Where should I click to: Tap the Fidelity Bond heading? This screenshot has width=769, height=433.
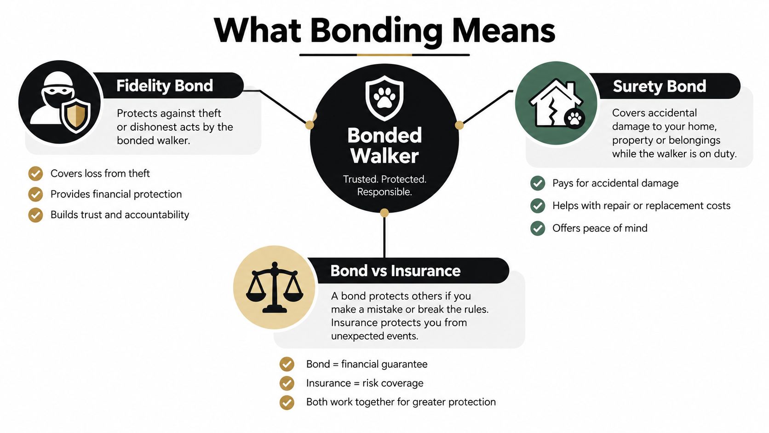[x=165, y=86]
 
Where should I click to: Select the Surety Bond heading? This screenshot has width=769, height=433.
[x=660, y=86]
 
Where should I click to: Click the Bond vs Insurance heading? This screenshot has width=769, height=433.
[x=396, y=271]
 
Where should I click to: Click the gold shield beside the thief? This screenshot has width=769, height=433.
[x=76, y=115]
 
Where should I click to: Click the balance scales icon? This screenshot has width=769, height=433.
[x=274, y=287]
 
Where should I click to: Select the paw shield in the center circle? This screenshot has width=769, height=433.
[x=384, y=98]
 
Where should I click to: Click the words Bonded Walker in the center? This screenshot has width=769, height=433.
[x=384, y=145]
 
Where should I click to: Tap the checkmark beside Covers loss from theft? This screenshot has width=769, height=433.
[x=36, y=173]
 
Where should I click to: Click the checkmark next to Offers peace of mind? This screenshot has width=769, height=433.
[x=538, y=228]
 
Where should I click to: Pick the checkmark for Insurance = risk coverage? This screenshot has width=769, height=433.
[x=287, y=383]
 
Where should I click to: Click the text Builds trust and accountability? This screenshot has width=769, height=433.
[x=120, y=214]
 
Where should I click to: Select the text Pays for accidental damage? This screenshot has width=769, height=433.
[x=615, y=183]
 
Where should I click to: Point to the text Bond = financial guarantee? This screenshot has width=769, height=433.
[x=367, y=364]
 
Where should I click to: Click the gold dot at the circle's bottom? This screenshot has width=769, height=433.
[x=384, y=213]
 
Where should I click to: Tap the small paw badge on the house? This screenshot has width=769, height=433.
[x=574, y=119]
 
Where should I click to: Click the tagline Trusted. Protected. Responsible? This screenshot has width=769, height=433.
[x=384, y=185]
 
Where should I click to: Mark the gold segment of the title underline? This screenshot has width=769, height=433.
[x=384, y=55]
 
